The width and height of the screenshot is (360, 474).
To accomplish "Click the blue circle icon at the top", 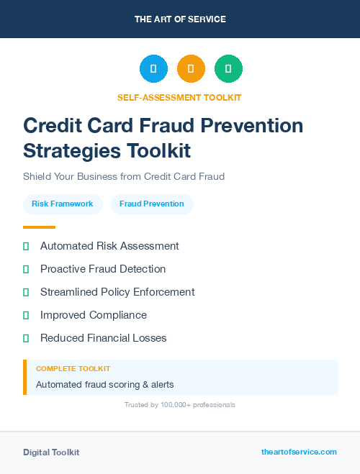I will coord(153,68).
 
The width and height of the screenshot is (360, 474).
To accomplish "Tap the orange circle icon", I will coord(191,68).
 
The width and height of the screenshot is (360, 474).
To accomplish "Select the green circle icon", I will coord(228,68).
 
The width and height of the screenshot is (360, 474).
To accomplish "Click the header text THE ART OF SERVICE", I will coord(180,19).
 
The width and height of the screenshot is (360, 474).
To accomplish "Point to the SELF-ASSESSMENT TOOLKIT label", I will coord(179,97).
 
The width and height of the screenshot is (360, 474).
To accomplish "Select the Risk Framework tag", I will coord(63,204).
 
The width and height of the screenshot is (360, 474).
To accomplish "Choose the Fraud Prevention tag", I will coord(152,204).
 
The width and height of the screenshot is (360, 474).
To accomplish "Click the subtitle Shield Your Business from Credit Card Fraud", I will coord(124,176).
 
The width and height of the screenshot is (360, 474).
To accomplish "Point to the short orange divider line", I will coord(39,227).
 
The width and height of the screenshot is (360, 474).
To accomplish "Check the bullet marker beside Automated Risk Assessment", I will coord(26,246).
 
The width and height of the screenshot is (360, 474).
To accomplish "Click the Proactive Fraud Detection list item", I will coord(103,269).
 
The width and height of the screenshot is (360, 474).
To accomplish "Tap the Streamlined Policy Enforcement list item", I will coord(117,292).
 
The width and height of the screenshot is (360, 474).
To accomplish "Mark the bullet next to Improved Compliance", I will coord(26,315).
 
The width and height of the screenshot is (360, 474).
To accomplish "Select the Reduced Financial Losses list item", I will coord(103,338).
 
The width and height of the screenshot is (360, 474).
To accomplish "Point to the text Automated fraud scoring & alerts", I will coord(105,384).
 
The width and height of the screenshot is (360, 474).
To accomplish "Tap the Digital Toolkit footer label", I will coord(51,452).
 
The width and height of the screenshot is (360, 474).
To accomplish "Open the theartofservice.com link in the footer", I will coord(299,452).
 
